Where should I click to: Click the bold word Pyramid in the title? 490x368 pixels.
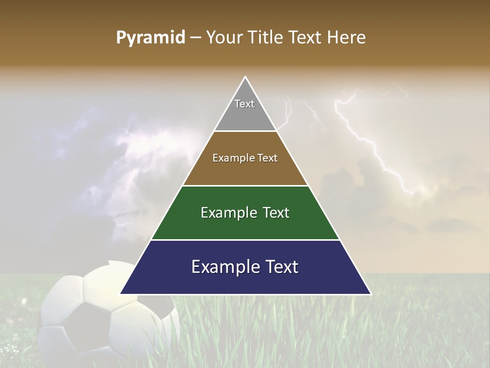click(150, 38)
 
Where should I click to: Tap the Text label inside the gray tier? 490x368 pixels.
click(244, 104)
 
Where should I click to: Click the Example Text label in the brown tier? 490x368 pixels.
click(245, 158)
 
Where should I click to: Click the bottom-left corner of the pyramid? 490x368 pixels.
click(121, 293)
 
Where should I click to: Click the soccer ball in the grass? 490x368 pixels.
click(107, 317)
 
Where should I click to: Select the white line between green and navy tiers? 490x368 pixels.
click(245, 240)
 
